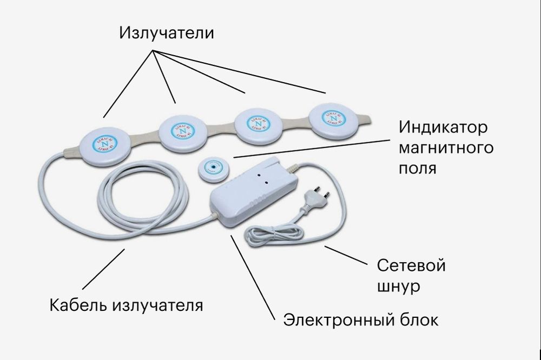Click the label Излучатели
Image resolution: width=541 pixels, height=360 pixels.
point(167,33)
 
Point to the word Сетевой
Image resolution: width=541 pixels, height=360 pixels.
point(411,266)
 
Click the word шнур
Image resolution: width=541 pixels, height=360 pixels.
point(398,285)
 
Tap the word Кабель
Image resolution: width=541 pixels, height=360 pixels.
point(78,305)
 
